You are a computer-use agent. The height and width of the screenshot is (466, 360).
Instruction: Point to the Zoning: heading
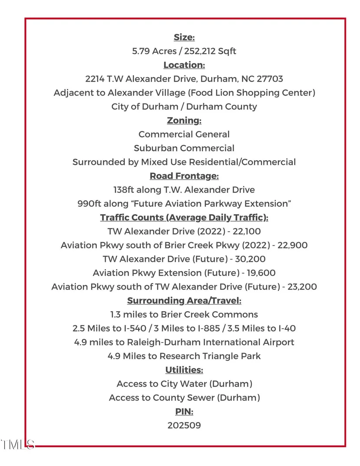pyautogui.click(x=184, y=120)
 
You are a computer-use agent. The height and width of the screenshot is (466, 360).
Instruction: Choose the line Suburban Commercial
pyautogui.click(x=184, y=148)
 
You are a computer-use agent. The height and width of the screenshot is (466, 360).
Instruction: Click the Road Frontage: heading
pyautogui.click(x=184, y=176)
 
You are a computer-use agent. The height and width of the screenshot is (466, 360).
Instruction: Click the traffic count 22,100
pyautogui.click(x=248, y=231)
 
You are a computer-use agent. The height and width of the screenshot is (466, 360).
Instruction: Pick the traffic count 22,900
pyautogui.click(x=292, y=245)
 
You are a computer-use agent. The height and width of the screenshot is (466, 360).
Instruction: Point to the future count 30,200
pyautogui.click(x=249, y=259)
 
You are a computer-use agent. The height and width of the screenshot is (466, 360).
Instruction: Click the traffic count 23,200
pyautogui.click(x=302, y=287)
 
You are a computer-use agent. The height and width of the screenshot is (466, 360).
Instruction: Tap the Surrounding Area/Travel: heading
pyautogui.click(x=184, y=301)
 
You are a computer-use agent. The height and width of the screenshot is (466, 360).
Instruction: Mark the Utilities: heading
pyautogui.click(x=184, y=370)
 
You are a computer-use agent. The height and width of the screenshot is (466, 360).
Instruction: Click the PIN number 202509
pyautogui.click(x=184, y=425)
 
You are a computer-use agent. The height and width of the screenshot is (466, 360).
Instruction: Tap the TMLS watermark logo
pyautogui.click(x=17, y=445)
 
